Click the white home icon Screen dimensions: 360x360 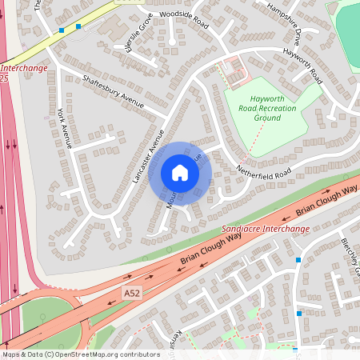coord(180,172)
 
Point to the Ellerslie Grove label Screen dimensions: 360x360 coord(146,36)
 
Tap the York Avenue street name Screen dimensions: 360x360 coord(65,128)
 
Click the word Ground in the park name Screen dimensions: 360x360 coord(267,118)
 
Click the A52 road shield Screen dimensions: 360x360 coord(131,295)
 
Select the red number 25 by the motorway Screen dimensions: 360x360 coord(4,78)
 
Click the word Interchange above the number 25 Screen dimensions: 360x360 coord(23,68)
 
